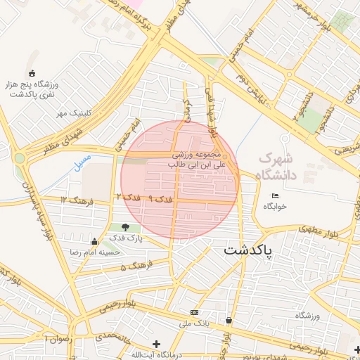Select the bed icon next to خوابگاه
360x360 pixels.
(x=274, y=195)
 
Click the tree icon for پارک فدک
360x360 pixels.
(x=125, y=227)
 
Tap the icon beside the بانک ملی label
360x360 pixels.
(x=194, y=312)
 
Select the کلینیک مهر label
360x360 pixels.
(x=70, y=113)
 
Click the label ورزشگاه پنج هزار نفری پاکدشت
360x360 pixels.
(x=32, y=89)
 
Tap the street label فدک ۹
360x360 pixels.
(x=161, y=200)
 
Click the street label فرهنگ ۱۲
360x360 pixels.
(x=73, y=200)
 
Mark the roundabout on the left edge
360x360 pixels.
(x=20, y=158)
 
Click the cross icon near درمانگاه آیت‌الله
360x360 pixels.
(x=156, y=344)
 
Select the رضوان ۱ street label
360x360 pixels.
(x=58, y=338)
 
